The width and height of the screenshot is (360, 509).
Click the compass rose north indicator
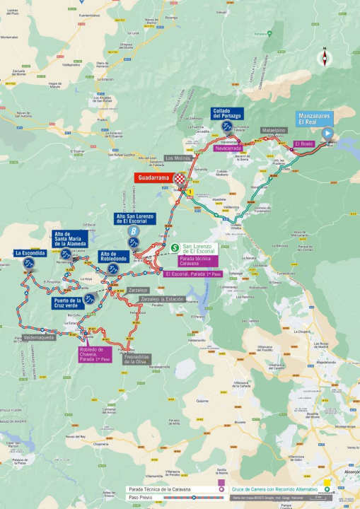pyautogui.click(x=325, y=58)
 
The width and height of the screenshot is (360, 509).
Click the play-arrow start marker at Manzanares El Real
pyautogui.click(x=327, y=133)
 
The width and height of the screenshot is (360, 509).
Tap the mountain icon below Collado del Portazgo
pyautogui.click(x=227, y=127)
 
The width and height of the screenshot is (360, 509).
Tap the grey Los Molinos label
pyautogui.click(x=178, y=158)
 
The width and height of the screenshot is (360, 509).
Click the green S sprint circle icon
pyautogui.click(x=175, y=247)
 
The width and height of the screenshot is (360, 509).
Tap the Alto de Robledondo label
pyautogui.click(x=113, y=256)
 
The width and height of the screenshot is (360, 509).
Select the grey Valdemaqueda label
pyautogui.click(x=38, y=337)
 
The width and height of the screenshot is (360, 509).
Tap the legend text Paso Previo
pyautogui.click(x=140, y=497)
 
